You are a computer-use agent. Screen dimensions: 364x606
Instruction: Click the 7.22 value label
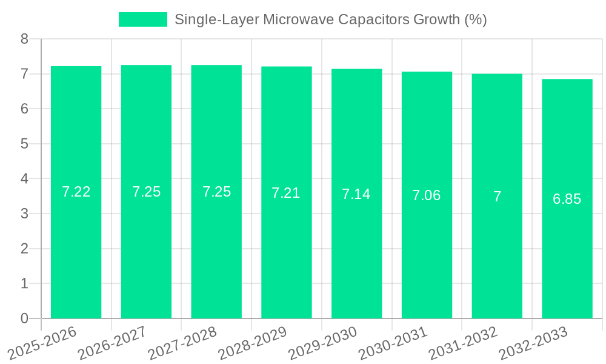point(76,192)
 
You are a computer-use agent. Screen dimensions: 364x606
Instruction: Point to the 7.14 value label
point(356,194)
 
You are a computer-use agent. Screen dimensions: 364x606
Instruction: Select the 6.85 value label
point(567,199)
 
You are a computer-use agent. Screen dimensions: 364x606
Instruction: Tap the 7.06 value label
point(427,195)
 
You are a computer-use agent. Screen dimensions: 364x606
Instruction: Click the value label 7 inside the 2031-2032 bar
point(497,197)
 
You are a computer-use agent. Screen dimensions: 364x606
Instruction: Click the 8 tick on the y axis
point(24,39)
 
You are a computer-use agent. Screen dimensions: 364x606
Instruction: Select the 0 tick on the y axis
point(24,318)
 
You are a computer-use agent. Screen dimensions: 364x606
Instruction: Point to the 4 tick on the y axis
point(24,179)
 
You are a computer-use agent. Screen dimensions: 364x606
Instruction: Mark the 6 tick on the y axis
point(24,109)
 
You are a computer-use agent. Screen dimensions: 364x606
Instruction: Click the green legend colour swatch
point(143,19)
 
